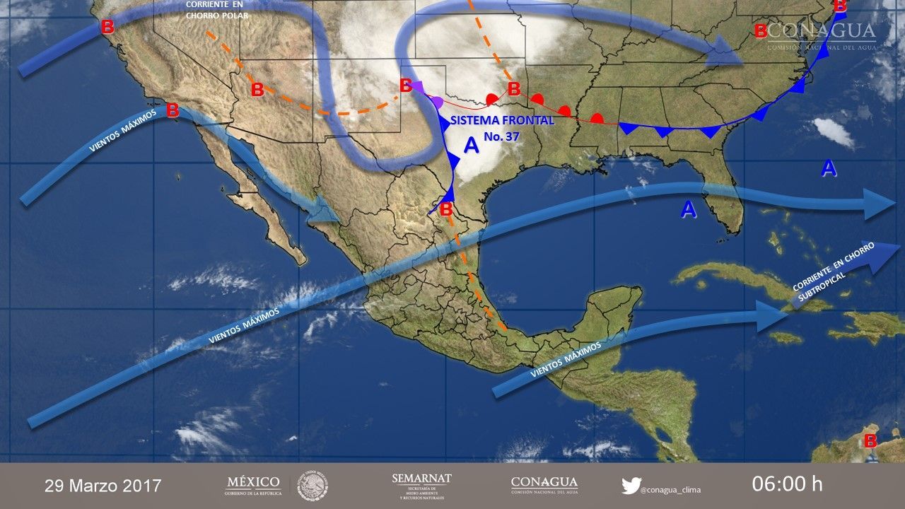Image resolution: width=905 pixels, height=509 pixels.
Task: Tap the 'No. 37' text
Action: [x=502, y=136]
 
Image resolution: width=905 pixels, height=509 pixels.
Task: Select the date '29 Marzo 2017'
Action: [x=103, y=486]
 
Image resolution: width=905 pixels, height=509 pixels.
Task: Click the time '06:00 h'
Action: [x=787, y=484]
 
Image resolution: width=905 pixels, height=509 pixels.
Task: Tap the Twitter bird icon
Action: [x=631, y=486]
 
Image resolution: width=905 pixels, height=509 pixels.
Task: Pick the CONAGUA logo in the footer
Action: [x=544, y=485]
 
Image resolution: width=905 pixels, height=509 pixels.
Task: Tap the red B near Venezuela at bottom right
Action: [x=870, y=440]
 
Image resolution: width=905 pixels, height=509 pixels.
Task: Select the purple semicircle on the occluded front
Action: [x=438, y=101]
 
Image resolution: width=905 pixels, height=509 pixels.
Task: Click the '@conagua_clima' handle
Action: [x=670, y=487]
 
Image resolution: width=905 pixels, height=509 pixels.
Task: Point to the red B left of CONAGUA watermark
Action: [x=761, y=31]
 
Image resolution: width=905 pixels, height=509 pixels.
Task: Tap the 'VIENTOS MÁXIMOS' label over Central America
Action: [x=566, y=359]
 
